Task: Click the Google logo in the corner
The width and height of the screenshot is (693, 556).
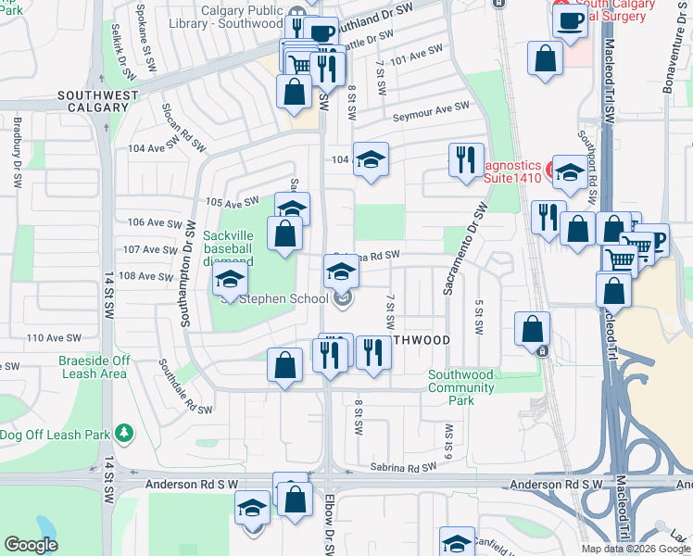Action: pos(31,545)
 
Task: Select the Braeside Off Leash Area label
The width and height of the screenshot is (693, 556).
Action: pos(94,367)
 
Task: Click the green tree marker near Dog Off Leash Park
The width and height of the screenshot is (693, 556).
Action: pos(122,433)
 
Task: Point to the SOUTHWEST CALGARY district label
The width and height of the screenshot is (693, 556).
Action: pos(97,101)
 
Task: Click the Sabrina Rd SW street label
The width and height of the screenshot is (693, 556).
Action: pos(401,469)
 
